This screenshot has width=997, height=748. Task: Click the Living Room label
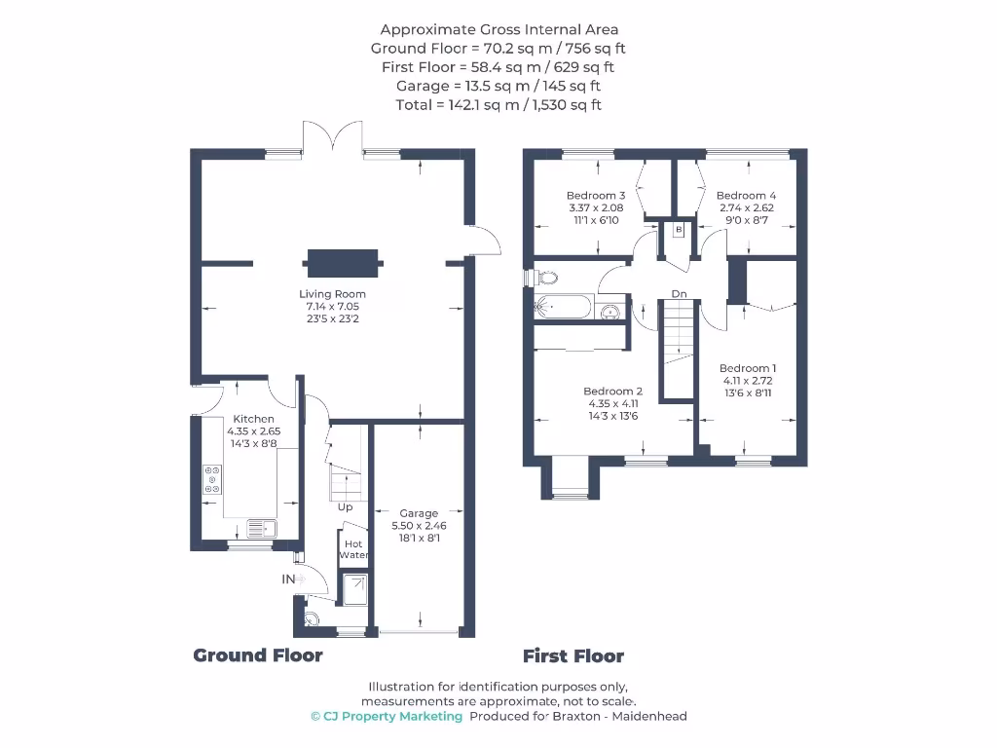332,294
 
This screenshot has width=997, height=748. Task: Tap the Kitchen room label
253,419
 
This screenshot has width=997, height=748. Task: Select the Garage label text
419,513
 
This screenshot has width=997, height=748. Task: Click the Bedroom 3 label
595,196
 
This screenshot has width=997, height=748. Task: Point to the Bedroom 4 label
746,196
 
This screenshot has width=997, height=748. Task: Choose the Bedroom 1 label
748,368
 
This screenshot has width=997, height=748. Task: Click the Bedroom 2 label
612,392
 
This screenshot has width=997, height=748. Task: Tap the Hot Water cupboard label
353,548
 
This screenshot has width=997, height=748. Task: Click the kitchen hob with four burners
211,480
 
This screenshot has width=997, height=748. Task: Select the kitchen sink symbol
262,529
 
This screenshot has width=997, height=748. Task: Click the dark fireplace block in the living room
342,261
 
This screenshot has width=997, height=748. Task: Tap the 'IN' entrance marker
288,580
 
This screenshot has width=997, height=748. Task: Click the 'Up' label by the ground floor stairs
345,506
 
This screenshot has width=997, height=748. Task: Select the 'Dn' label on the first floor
679,293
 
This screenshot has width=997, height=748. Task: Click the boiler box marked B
678,230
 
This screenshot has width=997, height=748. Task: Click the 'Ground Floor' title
258,655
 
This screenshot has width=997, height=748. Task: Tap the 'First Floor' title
573,655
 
